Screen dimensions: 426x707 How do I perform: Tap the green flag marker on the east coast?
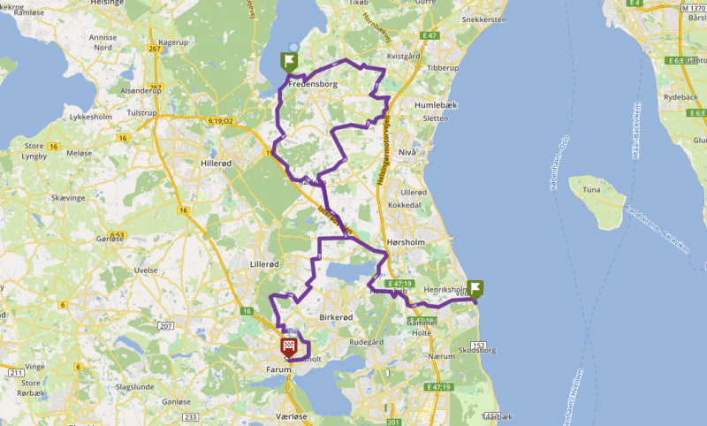[475, 289]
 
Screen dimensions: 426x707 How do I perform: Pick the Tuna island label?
[591, 188]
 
